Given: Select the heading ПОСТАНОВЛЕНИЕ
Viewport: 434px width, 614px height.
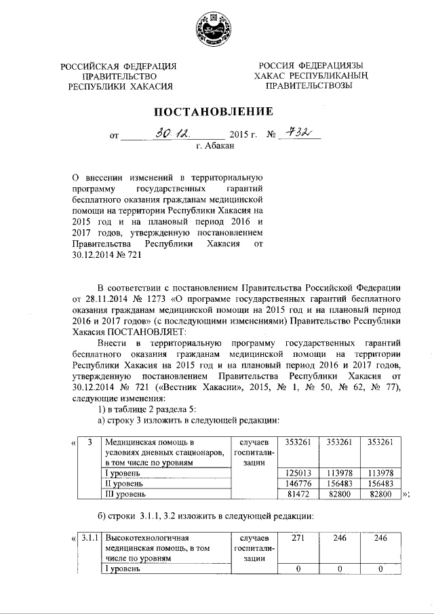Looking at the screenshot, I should [217, 111].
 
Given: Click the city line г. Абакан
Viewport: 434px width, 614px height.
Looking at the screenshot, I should [216, 147].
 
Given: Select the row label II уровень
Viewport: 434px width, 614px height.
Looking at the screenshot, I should [123, 483].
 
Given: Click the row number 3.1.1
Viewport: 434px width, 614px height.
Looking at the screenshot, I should [88, 538].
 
